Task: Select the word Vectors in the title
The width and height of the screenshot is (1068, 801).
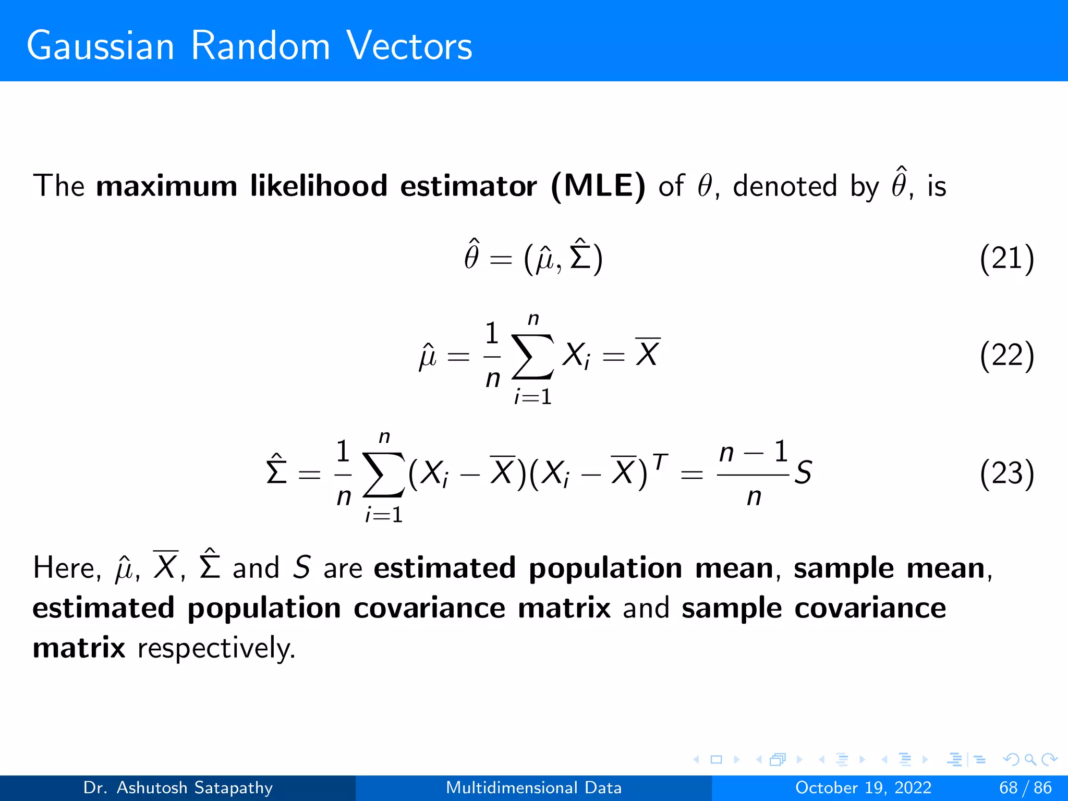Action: click(409, 46)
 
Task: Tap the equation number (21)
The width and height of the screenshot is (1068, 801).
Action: click(1006, 259)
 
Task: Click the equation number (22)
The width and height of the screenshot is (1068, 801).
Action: click(1006, 356)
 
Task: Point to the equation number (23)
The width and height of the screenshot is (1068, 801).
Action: click(1006, 474)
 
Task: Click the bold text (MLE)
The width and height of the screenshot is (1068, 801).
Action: click(598, 186)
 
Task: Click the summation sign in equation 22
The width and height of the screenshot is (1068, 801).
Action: click(532, 357)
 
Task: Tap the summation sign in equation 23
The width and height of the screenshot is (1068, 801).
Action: click(384, 475)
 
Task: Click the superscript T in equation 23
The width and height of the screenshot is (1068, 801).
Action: click(660, 462)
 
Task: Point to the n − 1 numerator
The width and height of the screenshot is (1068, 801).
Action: click(753, 452)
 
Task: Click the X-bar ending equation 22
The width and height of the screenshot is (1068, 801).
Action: click(648, 354)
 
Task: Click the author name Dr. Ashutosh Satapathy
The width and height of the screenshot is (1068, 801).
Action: click(178, 787)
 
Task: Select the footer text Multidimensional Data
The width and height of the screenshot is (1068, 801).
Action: click(533, 787)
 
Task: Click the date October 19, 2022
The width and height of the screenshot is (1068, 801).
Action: click(863, 787)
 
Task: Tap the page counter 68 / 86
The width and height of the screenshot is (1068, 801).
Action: click(1025, 787)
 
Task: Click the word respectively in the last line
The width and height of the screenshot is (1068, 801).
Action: click(216, 649)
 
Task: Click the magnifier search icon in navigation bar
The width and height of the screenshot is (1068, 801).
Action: click(1030, 759)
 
